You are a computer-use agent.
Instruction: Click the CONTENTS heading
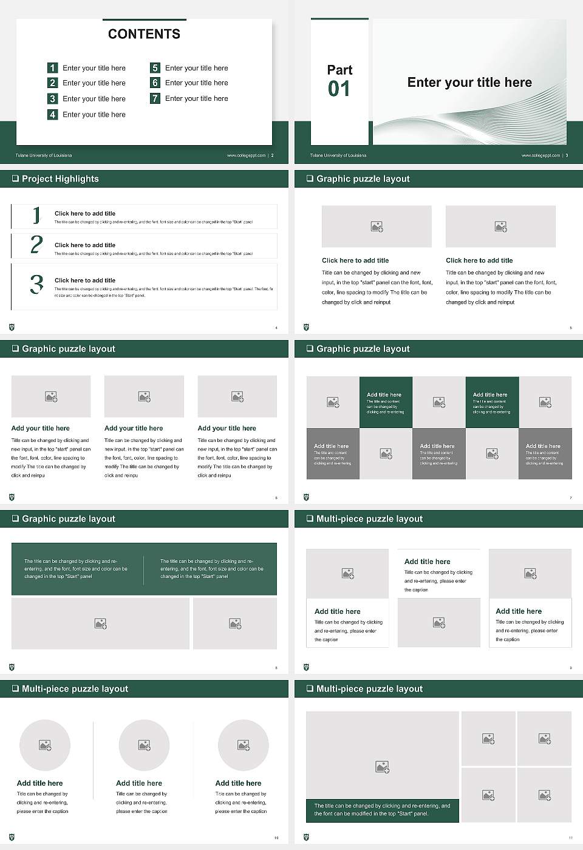click(x=144, y=34)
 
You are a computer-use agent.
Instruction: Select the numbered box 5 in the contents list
click(x=155, y=68)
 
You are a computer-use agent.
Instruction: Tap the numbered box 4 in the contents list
click(x=52, y=114)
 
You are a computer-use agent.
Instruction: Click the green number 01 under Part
click(x=339, y=89)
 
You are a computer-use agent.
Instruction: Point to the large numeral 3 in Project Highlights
click(x=36, y=284)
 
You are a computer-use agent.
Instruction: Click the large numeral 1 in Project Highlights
click(x=36, y=215)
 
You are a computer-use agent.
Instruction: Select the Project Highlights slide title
click(x=60, y=178)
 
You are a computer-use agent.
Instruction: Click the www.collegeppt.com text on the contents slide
click(x=246, y=155)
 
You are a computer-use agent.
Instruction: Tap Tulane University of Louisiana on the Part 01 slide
click(x=338, y=155)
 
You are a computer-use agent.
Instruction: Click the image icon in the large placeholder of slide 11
click(x=382, y=767)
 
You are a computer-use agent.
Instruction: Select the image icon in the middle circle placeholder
click(x=144, y=745)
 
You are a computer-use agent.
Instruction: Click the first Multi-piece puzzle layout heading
click(x=369, y=518)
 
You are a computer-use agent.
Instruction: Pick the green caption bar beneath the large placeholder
click(x=382, y=810)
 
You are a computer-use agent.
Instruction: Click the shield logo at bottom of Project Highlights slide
click(x=12, y=327)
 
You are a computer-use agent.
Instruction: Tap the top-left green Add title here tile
click(x=386, y=402)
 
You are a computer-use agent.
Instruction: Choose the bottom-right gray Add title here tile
click(x=545, y=454)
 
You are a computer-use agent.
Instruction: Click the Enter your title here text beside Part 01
click(x=469, y=83)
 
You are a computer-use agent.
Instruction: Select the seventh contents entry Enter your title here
click(x=196, y=98)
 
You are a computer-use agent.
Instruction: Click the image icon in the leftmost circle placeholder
click(x=45, y=745)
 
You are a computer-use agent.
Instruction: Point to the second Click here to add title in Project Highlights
click(x=85, y=245)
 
